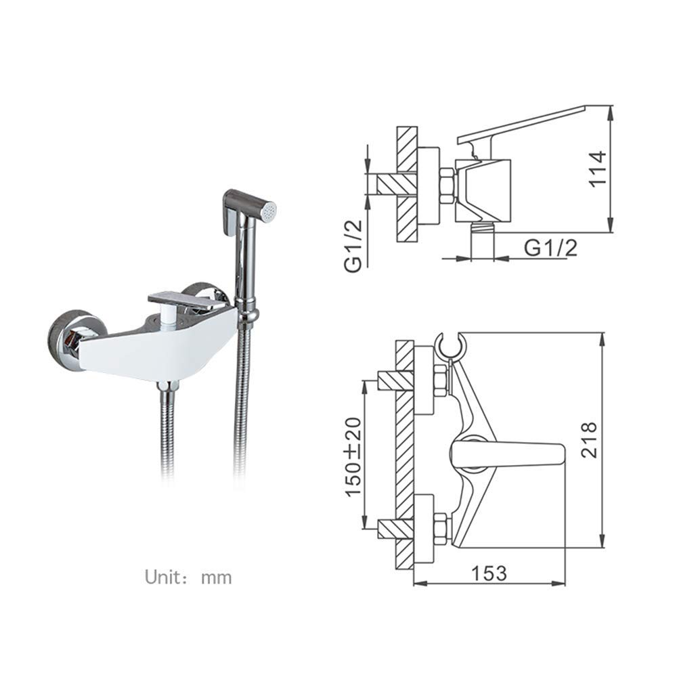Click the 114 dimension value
pyautogui.click(x=598, y=169)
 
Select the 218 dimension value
pyautogui.click(x=589, y=440)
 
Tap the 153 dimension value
pyautogui.click(x=489, y=573)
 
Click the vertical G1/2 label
pyautogui.click(x=353, y=246)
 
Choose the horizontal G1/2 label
pyautogui.click(x=550, y=248)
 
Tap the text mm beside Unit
pyautogui.click(x=217, y=578)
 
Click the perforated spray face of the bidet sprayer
pyautogui.click(x=269, y=211)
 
